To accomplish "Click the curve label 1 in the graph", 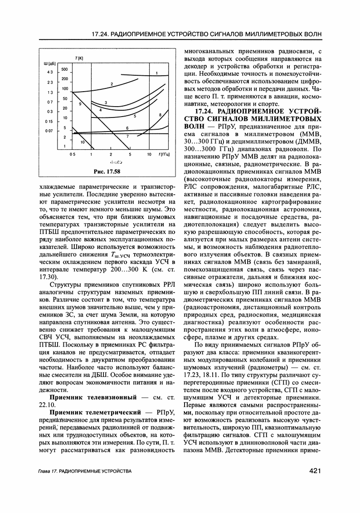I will pyautogui.click(x=156, y=73).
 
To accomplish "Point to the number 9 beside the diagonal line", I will pyautogui.click(x=80, y=104).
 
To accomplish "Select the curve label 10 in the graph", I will pyautogui.click(x=83, y=142).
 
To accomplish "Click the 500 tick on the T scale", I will pyautogui.click(x=64, y=69).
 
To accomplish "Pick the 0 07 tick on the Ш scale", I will pyautogui.click(x=50, y=131).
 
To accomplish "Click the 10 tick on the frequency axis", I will pyautogui.click(x=149, y=154).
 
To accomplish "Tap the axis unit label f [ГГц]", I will pyautogui.click(x=165, y=154).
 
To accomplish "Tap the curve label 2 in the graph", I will pyautogui.click(x=111, y=84).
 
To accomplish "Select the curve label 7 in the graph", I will pyautogui.click(x=127, y=136).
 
